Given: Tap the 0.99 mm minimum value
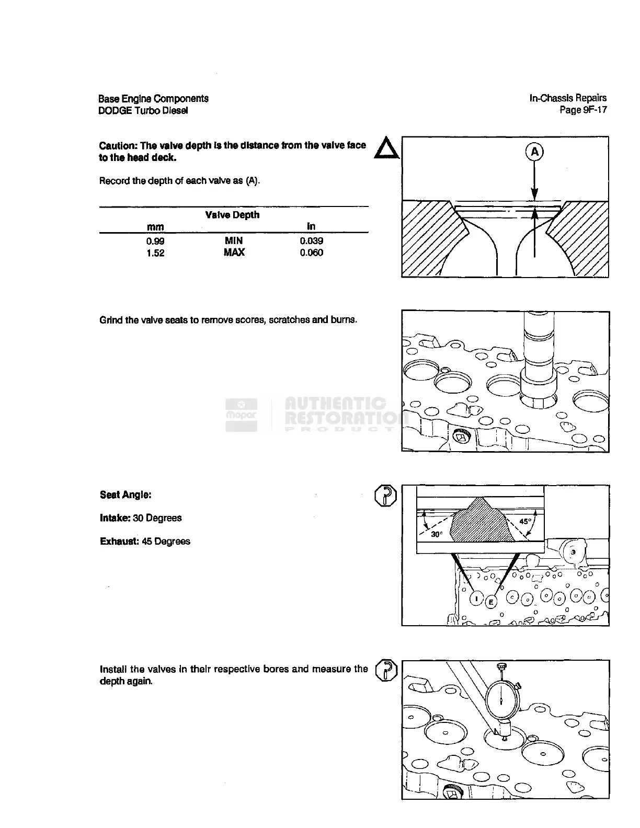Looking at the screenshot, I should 155,241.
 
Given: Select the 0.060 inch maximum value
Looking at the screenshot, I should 311,252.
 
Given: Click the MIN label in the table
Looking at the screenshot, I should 234,240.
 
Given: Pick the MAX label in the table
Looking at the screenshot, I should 234,252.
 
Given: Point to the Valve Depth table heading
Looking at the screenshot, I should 232,215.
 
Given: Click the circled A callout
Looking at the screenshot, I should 534,152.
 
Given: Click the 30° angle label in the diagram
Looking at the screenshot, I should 437,534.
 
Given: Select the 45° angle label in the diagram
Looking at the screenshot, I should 525,521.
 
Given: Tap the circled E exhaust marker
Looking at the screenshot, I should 490,602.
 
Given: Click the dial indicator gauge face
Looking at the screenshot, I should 501,699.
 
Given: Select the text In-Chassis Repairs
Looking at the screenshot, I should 568,98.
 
